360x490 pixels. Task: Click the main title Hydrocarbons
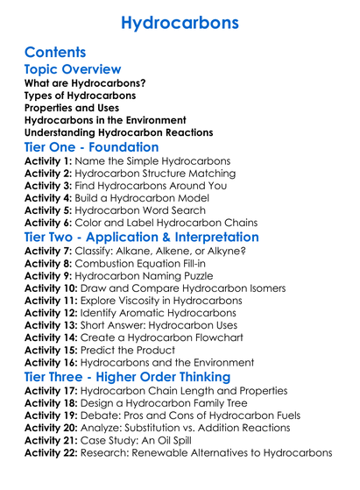[180, 22]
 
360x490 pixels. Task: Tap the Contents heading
[55, 52]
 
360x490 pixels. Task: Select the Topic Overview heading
[73, 69]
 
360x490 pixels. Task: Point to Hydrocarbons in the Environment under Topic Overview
[105, 119]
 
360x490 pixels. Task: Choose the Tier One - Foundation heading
[92, 147]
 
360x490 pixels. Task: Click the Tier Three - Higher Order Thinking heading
[127, 376]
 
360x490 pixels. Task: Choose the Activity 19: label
[54, 415]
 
